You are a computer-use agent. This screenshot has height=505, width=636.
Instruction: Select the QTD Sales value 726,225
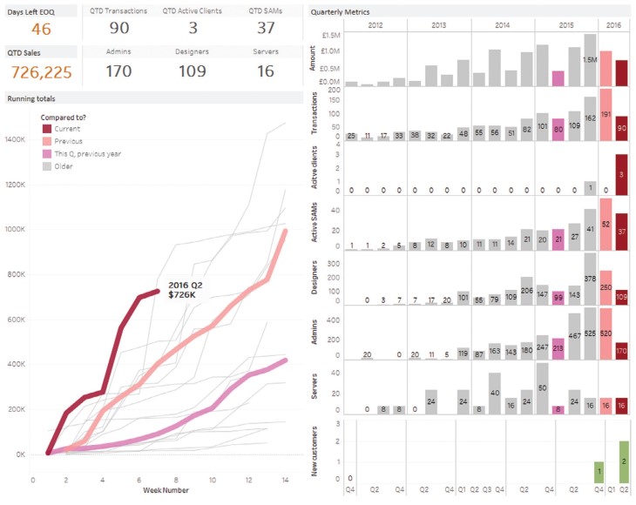(37, 71)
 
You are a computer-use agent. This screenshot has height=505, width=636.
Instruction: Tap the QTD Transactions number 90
(118, 29)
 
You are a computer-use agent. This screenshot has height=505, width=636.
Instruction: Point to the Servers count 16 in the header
(266, 71)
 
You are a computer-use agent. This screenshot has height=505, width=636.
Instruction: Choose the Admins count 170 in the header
(118, 71)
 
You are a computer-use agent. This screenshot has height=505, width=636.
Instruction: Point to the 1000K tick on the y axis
(16, 229)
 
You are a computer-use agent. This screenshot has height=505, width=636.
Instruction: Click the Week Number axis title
(161, 490)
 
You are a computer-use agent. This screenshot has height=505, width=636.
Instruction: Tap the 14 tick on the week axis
(286, 480)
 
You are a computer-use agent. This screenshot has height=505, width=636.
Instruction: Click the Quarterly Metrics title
(342, 13)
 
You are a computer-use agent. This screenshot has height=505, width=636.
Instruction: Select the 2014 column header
(503, 26)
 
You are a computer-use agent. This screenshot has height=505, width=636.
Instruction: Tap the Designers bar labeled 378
(590, 279)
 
